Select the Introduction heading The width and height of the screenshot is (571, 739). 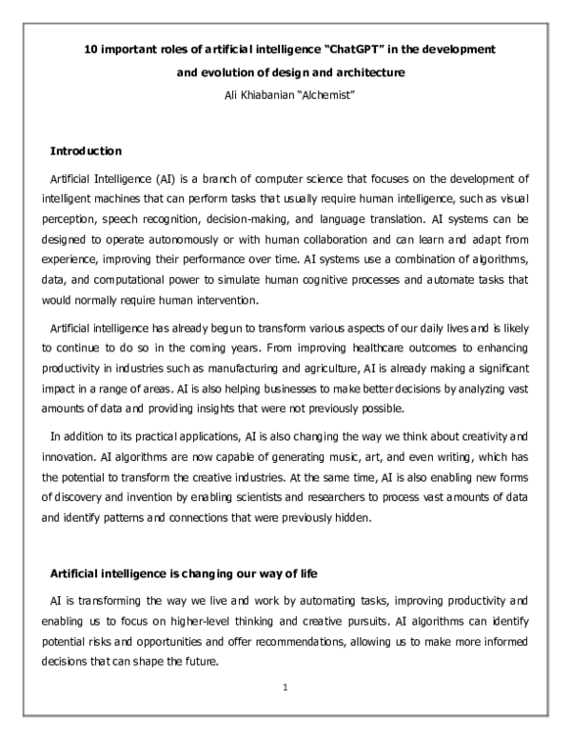pos(85,150)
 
